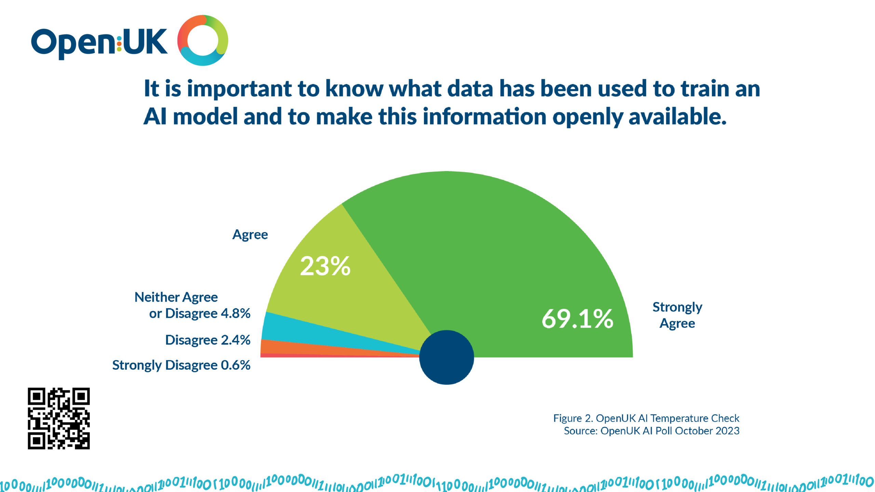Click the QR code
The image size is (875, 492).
click(x=59, y=418)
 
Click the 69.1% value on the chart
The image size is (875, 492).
click(x=577, y=318)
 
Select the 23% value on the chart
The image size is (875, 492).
click(x=325, y=266)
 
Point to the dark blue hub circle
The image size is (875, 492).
click(x=446, y=357)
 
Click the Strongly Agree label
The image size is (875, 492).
click(x=677, y=315)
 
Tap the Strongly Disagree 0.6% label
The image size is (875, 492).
click(x=181, y=365)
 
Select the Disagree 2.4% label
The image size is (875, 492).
click(x=208, y=340)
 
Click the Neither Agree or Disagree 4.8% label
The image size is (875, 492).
click(x=192, y=305)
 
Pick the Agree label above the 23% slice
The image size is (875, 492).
click(x=250, y=235)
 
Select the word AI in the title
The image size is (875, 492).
click(x=154, y=117)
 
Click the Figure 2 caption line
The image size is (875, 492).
click(x=646, y=418)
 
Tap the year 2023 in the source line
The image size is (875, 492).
click(x=728, y=431)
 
